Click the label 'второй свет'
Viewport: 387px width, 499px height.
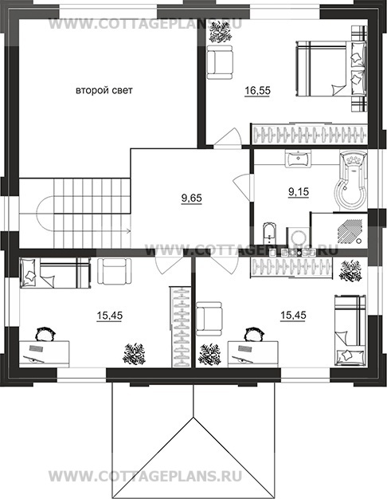[x=104, y=91]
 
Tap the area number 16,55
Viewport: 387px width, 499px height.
[x=257, y=91]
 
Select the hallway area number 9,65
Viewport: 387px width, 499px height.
[x=191, y=198]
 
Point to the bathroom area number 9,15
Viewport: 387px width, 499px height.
[x=299, y=192]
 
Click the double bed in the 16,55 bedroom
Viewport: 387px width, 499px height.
[x=331, y=69]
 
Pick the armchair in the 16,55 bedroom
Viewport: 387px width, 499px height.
[x=220, y=61]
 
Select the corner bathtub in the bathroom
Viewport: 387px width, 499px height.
[x=350, y=180]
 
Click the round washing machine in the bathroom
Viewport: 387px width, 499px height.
[x=299, y=238]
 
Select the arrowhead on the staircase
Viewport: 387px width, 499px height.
[x=129, y=230]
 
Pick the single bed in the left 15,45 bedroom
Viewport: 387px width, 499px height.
[x=55, y=273]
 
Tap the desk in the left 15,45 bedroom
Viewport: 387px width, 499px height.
[x=45, y=354]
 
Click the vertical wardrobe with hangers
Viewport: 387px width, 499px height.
[x=182, y=326]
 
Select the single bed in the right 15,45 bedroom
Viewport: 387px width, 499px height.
[x=350, y=330]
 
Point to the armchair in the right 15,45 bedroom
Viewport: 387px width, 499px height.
[x=209, y=319]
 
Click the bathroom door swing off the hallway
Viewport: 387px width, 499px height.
[x=242, y=187]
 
